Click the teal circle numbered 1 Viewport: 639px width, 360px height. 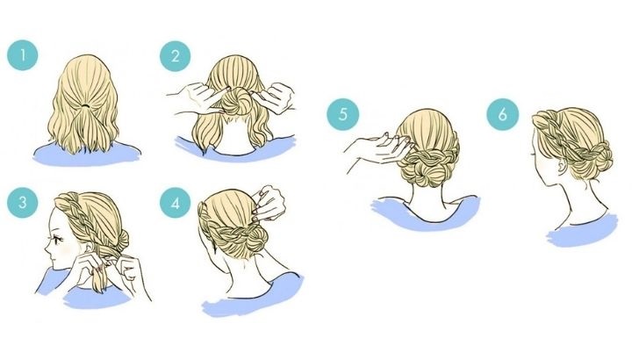pyautogui.click(x=23, y=55)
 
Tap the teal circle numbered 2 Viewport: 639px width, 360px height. pyautogui.click(x=176, y=56)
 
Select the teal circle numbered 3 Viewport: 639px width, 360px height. pyautogui.click(x=23, y=202)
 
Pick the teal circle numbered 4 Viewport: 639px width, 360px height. pyautogui.click(x=176, y=203)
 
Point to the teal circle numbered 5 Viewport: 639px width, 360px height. pyautogui.click(x=342, y=114)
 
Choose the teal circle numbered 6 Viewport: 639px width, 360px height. pyautogui.click(x=502, y=114)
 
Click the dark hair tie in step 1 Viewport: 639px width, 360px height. pyautogui.click(x=85, y=105)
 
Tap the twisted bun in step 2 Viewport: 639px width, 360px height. pyautogui.click(x=234, y=101)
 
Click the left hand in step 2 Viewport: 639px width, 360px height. pyautogui.click(x=194, y=97)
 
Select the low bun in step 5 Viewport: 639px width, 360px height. pyautogui.click(x=428, y=166)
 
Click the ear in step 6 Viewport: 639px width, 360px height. pyautogui.click(x=563, y=164)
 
